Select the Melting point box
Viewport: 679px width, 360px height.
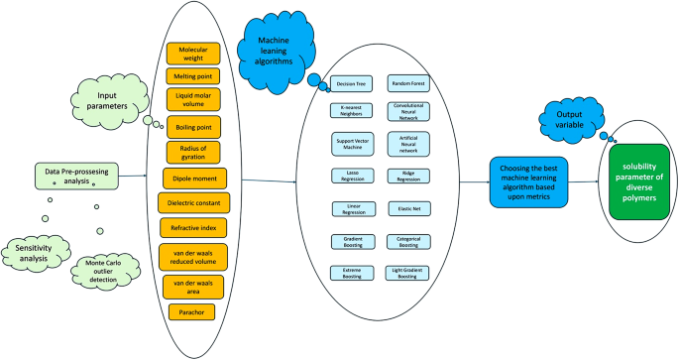click(x=193, y=76)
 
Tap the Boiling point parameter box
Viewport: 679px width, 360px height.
click(x=193, y=127)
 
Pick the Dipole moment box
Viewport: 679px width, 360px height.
click(x=193, y=179)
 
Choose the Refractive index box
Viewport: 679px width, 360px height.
click(x=193, y=228)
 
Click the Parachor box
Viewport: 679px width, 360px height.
click(x=193, y=311)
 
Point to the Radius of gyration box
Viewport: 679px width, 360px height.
click(x=193, y=152)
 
